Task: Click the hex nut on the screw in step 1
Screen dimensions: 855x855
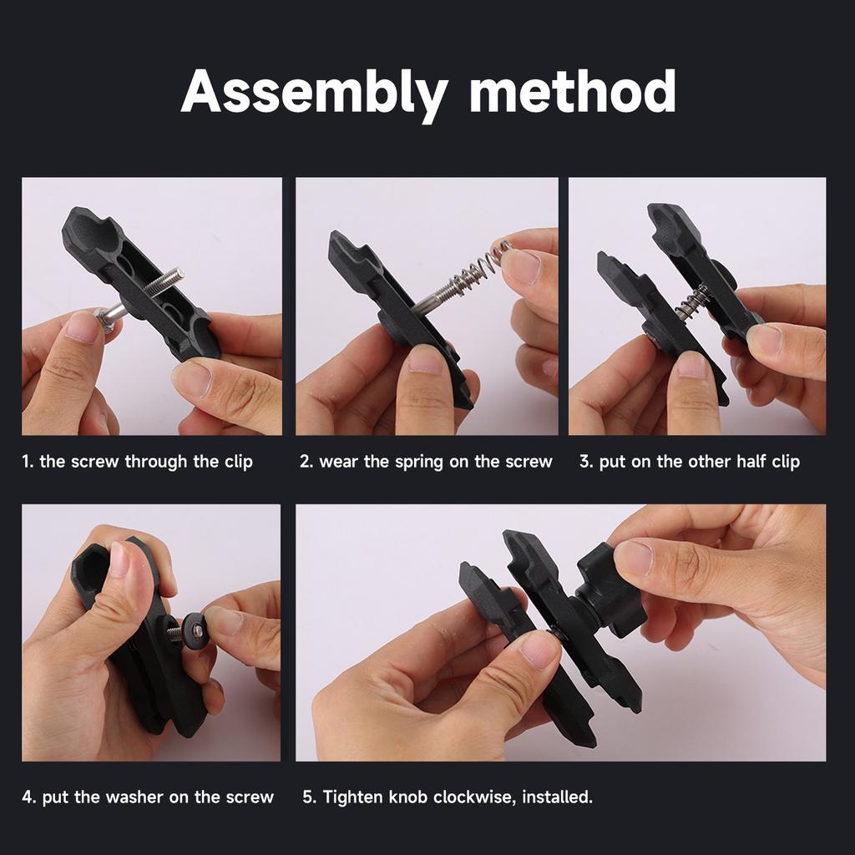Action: (104, 319)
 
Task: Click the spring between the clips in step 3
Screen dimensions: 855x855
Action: (693, 302)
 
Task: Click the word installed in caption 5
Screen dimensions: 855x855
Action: (559, 797)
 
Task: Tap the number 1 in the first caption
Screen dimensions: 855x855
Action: (26, 462)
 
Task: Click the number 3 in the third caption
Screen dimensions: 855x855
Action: (584, 462)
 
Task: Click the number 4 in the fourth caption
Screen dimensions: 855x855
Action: (28, 797)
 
